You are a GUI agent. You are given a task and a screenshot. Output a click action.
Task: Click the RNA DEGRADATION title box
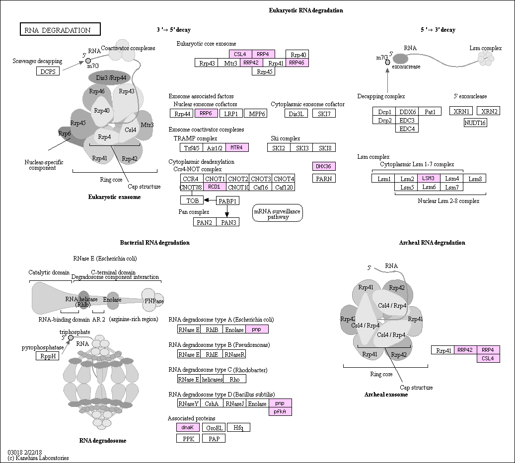[60, 30]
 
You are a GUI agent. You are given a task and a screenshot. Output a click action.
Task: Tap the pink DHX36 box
[324, 166]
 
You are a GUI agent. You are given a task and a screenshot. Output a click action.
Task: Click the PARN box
[324, 178]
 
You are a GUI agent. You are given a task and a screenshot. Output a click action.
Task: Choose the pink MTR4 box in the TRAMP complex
[237, 147]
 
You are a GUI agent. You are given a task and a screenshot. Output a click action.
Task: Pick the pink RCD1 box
[214, 187]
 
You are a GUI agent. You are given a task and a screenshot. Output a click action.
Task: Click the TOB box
[192, 200]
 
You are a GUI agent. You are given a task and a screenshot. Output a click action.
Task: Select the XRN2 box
[489, 111]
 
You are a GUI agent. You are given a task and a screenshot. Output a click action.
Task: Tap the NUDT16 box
[475, 123]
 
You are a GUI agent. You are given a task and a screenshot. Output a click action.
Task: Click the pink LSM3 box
[429, 178]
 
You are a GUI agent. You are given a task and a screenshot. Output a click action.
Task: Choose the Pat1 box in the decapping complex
[430, 112]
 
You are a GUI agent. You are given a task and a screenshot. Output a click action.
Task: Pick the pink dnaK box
[187, 427]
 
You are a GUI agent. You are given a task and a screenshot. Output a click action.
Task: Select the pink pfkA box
[280, 411]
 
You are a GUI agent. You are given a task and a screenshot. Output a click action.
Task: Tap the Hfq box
[238, 427]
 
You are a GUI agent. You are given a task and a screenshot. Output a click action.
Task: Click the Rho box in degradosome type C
[234, 379]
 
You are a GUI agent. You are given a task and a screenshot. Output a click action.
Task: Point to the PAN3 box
[228, 222]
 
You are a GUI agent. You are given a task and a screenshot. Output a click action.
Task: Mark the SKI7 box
[324, 114]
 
